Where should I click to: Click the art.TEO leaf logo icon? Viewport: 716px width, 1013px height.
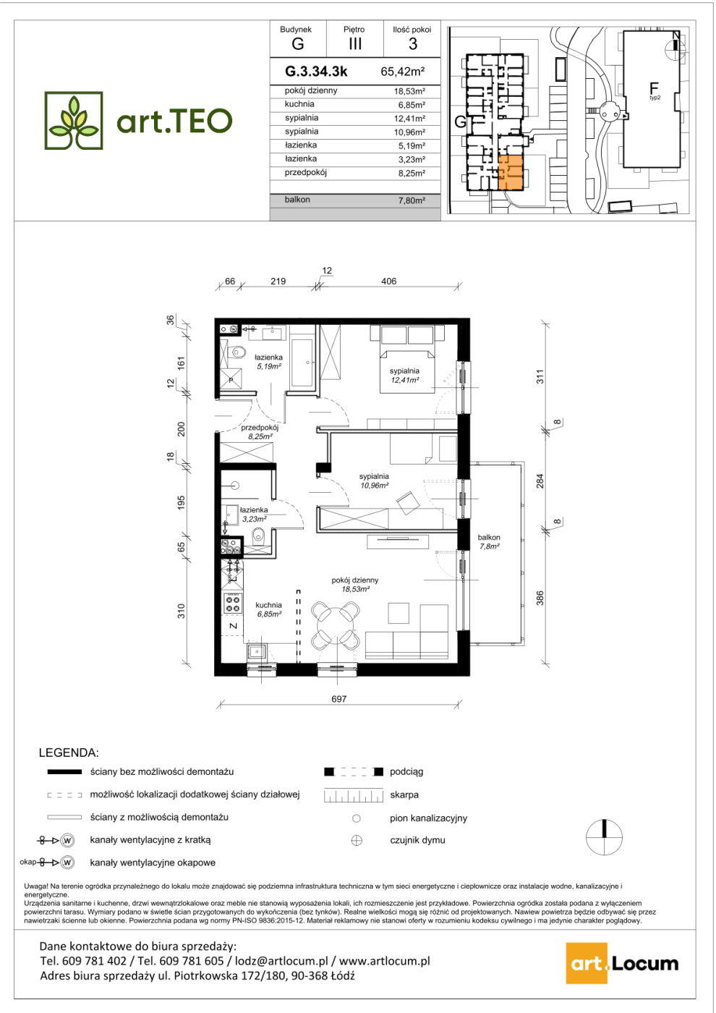[74, 120]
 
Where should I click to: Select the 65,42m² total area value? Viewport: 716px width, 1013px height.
[403, 72]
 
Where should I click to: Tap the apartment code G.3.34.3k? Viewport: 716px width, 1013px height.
[316, 72]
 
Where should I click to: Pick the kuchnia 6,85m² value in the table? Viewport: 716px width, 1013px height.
[409, 105]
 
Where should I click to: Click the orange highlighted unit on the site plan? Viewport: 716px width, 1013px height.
[511, 172]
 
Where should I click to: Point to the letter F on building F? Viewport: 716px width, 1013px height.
[653, 88]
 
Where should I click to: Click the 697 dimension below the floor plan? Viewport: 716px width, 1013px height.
[338, 699]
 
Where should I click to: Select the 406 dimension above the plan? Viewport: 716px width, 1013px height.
[388, 281]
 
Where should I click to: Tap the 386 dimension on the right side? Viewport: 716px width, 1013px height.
[540, 598]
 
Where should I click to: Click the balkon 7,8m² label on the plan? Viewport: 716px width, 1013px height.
[489, 542]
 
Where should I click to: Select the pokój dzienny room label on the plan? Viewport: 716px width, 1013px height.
[355, 580]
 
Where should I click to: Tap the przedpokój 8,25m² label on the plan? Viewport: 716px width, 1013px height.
[260, 432]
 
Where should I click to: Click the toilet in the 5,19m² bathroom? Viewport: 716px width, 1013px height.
[236, 352]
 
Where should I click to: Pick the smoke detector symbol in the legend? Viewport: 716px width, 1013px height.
[357, 840]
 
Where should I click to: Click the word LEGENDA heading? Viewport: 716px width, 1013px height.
[69, 753]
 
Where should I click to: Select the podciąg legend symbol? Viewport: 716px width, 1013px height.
[354, 771]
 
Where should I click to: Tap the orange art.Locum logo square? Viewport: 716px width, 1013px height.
[587, 963]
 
